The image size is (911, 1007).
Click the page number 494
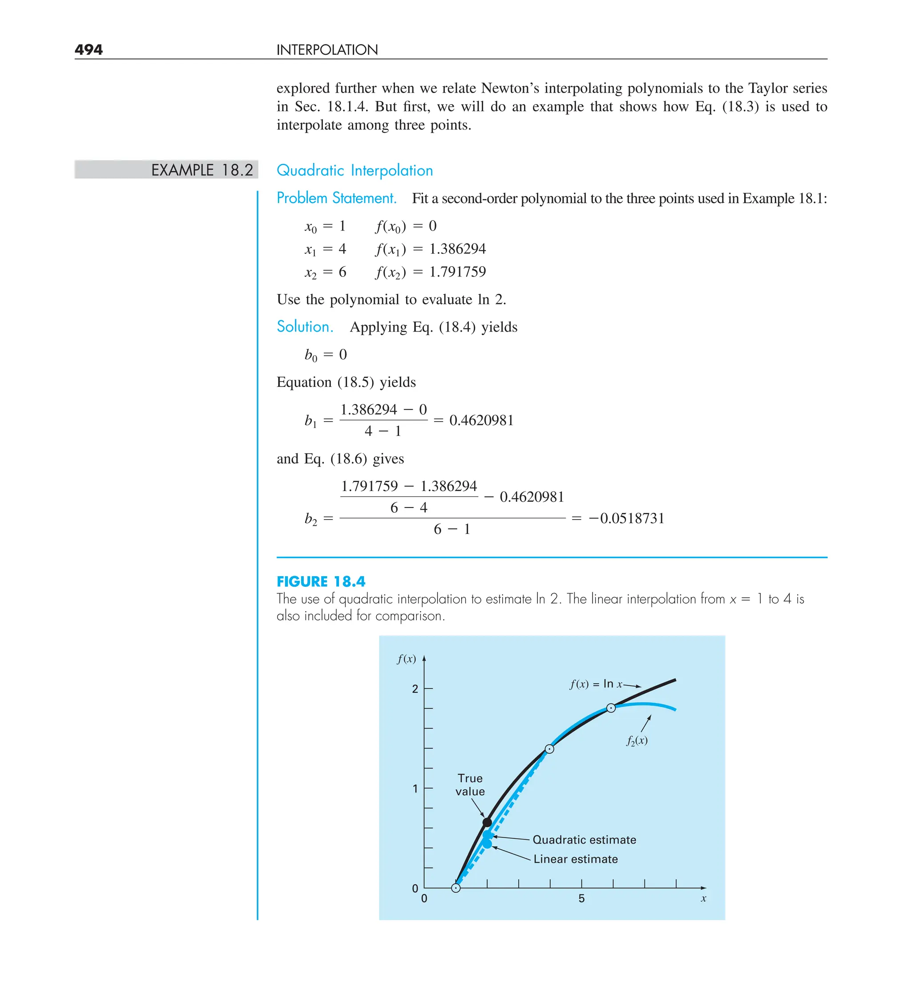(89, 49)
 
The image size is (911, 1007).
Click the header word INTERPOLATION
(327, 50)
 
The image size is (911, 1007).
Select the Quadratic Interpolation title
(355, 171)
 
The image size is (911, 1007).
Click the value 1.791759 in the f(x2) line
(457, 272)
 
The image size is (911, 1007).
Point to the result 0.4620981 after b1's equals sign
(481, 420)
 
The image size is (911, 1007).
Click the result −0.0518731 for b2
(626, 518)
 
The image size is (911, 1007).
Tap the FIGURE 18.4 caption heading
(321, 581)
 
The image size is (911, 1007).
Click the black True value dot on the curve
(487, 823)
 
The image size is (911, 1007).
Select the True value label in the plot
(470, 785)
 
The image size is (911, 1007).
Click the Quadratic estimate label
(584, 840)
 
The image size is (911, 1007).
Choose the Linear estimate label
(576, 859)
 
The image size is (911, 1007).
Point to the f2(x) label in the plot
(637, 740)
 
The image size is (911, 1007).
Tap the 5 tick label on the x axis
(581, 899)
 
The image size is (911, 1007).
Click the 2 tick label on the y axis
(415, 689)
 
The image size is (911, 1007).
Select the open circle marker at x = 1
(456, 888)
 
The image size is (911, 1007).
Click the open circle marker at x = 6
(611, 708)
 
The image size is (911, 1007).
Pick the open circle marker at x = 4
(550, 749)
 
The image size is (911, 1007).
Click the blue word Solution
(305, 327)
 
